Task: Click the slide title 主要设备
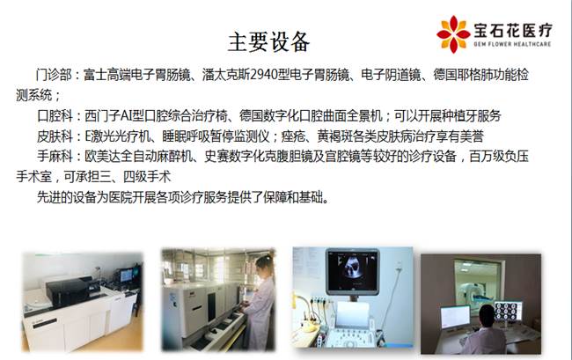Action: coord(269,41)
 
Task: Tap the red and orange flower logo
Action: coord(453,34)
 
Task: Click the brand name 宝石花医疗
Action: coord(513,30)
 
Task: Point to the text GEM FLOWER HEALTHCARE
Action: coord(512,44)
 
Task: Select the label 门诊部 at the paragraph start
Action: coord(54,75)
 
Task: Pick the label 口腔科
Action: coord(55,116)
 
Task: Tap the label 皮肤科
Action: coord(55,136)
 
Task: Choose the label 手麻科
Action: coord(55,157)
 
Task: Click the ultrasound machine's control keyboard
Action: coord(348,336)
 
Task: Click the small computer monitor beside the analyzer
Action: coord(126,275)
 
